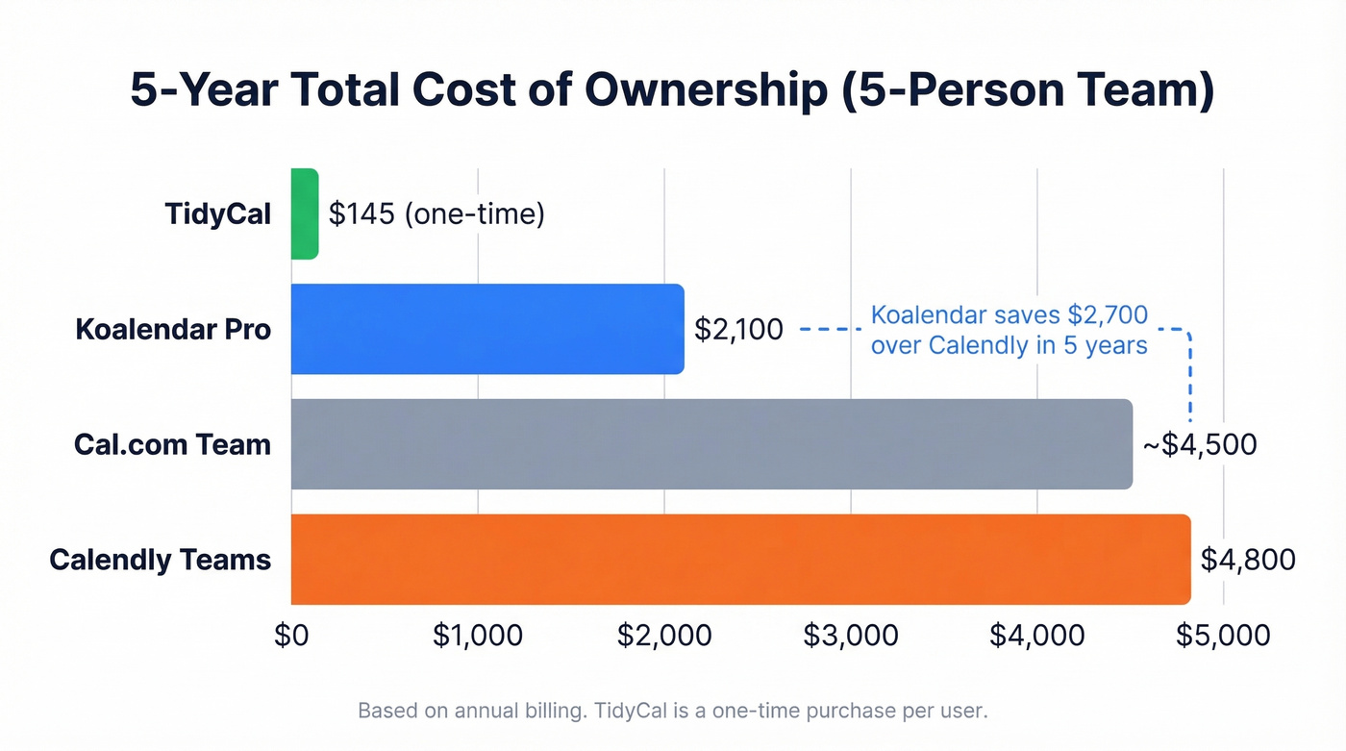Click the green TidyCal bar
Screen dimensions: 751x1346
[304, 213]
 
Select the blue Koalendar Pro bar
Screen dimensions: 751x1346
[486, 329]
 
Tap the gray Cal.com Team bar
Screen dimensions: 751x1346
[711, 444]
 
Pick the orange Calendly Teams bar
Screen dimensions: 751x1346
[740, 560]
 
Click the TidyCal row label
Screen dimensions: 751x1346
[218, 213]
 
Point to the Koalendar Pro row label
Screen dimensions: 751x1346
[173, 330]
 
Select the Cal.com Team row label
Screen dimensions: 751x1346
[172, 444]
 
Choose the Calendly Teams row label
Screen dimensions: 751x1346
[160, 560]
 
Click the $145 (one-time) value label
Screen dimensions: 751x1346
[436, 213]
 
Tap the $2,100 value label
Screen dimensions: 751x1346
[738, 330]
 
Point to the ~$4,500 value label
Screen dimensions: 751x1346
[1199, 445]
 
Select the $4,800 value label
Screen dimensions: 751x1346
[1248, 560]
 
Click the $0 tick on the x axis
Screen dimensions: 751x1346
[290, 635]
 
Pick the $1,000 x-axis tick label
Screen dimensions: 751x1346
[477, 635]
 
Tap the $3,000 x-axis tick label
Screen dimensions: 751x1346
[851, 635]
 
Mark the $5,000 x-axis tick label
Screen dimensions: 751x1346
[1223, 635]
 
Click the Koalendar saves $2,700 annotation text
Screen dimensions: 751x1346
[1009, 330]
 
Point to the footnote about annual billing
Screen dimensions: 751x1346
[673, 712]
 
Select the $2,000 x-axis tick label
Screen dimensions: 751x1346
[664, 635]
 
